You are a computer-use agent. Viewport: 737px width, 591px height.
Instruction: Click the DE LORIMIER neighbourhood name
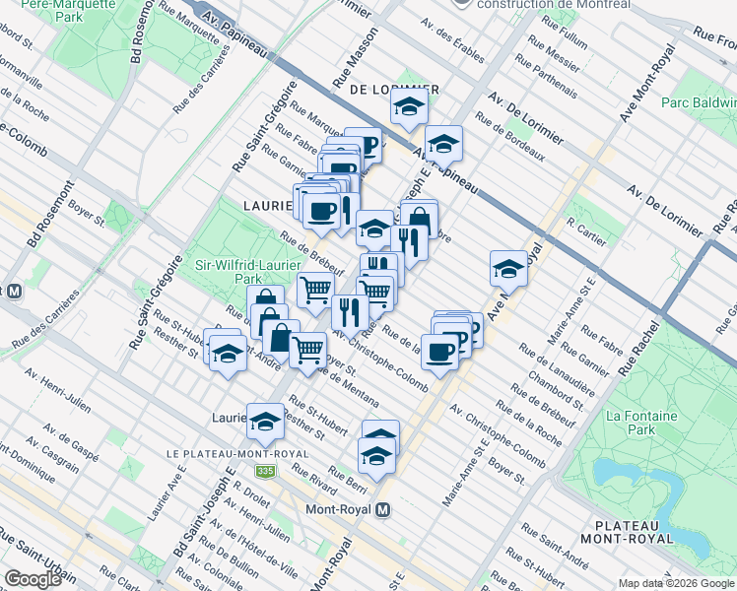pyautogui.click(x=393, y=89)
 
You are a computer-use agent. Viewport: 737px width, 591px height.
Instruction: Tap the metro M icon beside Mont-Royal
pyautogui.click(x=384, y=509)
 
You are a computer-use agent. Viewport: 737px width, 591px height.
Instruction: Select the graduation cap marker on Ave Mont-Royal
pyautogui.click(x=508, y=267)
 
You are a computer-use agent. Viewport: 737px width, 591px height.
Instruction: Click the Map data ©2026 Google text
pyautogui.click(x=674, y=583)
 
